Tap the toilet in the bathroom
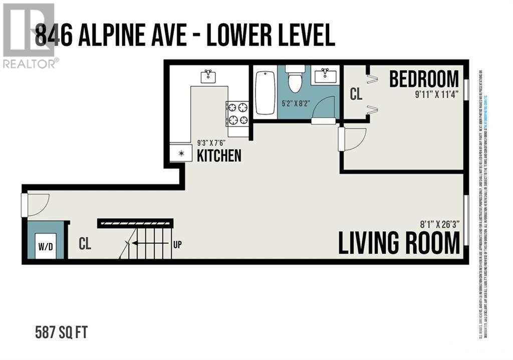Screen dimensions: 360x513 tap(296, 80)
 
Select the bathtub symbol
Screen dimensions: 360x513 tap(265, 93)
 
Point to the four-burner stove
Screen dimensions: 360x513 tap(237, 113)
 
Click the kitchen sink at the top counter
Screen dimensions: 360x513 tap(208, 76)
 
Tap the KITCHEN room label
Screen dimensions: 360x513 tap(219, 155)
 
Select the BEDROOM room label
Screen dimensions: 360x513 tap(424, 79)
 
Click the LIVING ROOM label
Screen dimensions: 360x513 tap(399, 243)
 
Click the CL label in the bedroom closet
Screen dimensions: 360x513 tap(356, 95)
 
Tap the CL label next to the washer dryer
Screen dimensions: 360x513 tap(86, 244)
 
